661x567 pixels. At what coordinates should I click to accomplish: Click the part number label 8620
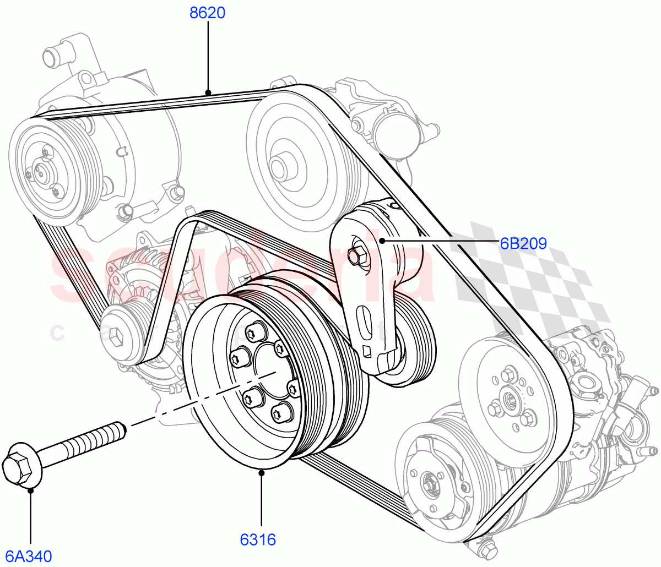[208, 13]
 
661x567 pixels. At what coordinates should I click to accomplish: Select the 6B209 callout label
[523, 243]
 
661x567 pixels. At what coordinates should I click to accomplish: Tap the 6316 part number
[258, 539]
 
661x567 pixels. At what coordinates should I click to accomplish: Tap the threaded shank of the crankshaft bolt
[83, 440]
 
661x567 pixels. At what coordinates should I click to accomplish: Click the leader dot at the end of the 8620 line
[208, 92]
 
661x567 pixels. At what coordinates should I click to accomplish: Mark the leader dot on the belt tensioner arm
[381, 241]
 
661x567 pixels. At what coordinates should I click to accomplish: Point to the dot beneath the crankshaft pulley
[261, 472]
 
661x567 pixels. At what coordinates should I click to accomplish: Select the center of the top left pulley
[41, 170]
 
